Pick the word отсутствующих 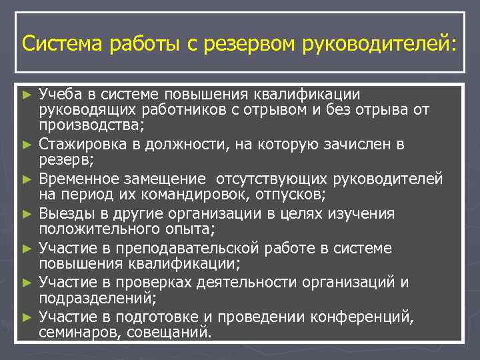(x=279, y=179)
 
